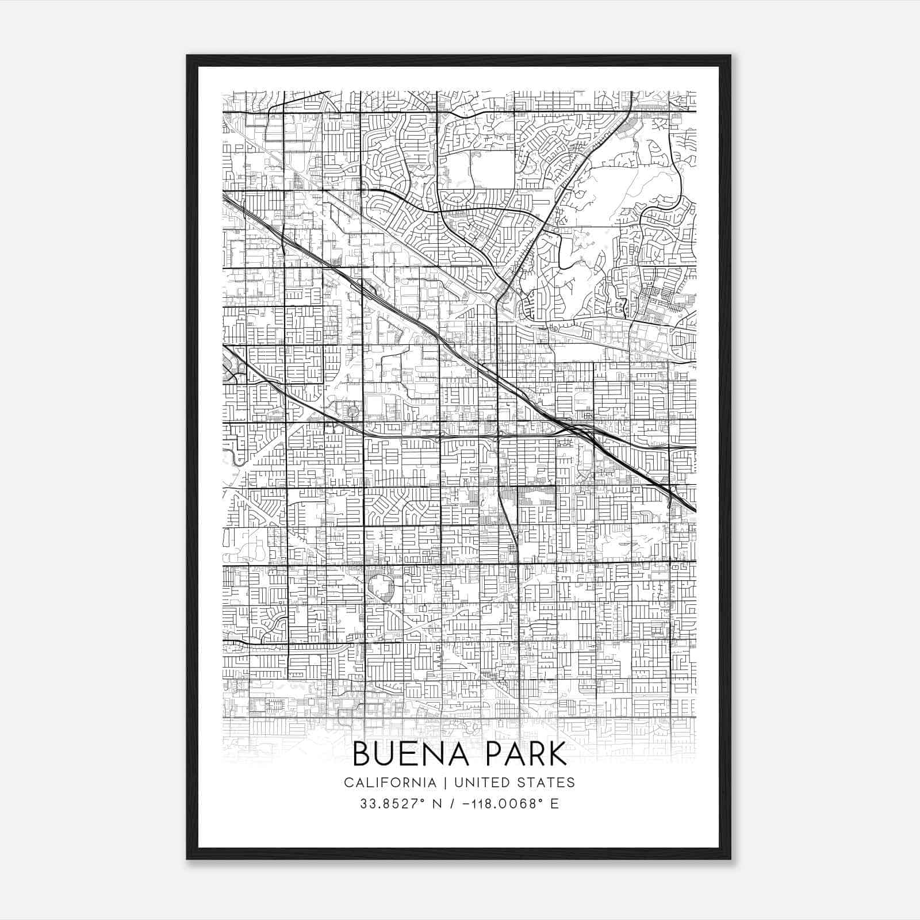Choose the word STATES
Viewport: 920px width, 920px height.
[x=546, y=783]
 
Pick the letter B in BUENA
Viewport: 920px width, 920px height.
[x=361, y=754]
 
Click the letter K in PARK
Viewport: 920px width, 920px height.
[x=557, y=754]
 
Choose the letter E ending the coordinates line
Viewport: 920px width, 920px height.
[x=554, y=804]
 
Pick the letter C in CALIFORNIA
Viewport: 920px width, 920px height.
[x=348, y=783]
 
